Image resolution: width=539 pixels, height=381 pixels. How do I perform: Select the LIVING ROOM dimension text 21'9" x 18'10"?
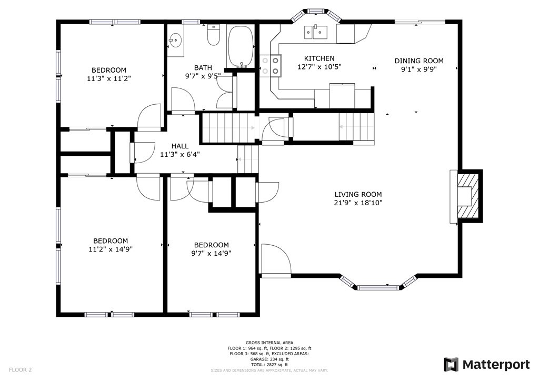[357, 203]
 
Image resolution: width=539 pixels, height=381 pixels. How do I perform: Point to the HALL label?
[179, 146]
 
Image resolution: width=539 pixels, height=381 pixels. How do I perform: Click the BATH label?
[203, 67]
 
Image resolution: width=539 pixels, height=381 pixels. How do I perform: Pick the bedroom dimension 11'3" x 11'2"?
[109, 78]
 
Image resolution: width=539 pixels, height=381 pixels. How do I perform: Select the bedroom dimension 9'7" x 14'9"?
[211, 253]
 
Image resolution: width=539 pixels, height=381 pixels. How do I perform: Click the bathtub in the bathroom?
[241, 46]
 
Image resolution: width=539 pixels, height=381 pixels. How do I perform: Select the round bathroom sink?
[176, 40]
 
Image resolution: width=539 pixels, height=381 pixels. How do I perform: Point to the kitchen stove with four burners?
[270, 65]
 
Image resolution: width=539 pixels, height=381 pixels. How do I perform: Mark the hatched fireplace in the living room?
[468, 196]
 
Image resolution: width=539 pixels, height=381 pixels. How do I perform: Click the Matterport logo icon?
[451, 364]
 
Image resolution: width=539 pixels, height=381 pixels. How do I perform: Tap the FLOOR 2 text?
[20, 370]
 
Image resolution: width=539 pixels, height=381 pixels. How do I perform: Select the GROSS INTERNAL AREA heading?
[269, 343]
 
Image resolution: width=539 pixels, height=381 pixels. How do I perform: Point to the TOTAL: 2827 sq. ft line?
[269, 365]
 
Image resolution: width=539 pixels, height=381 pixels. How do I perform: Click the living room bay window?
[377, 287]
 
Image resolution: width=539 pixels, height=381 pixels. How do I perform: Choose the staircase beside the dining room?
[356, 127]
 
